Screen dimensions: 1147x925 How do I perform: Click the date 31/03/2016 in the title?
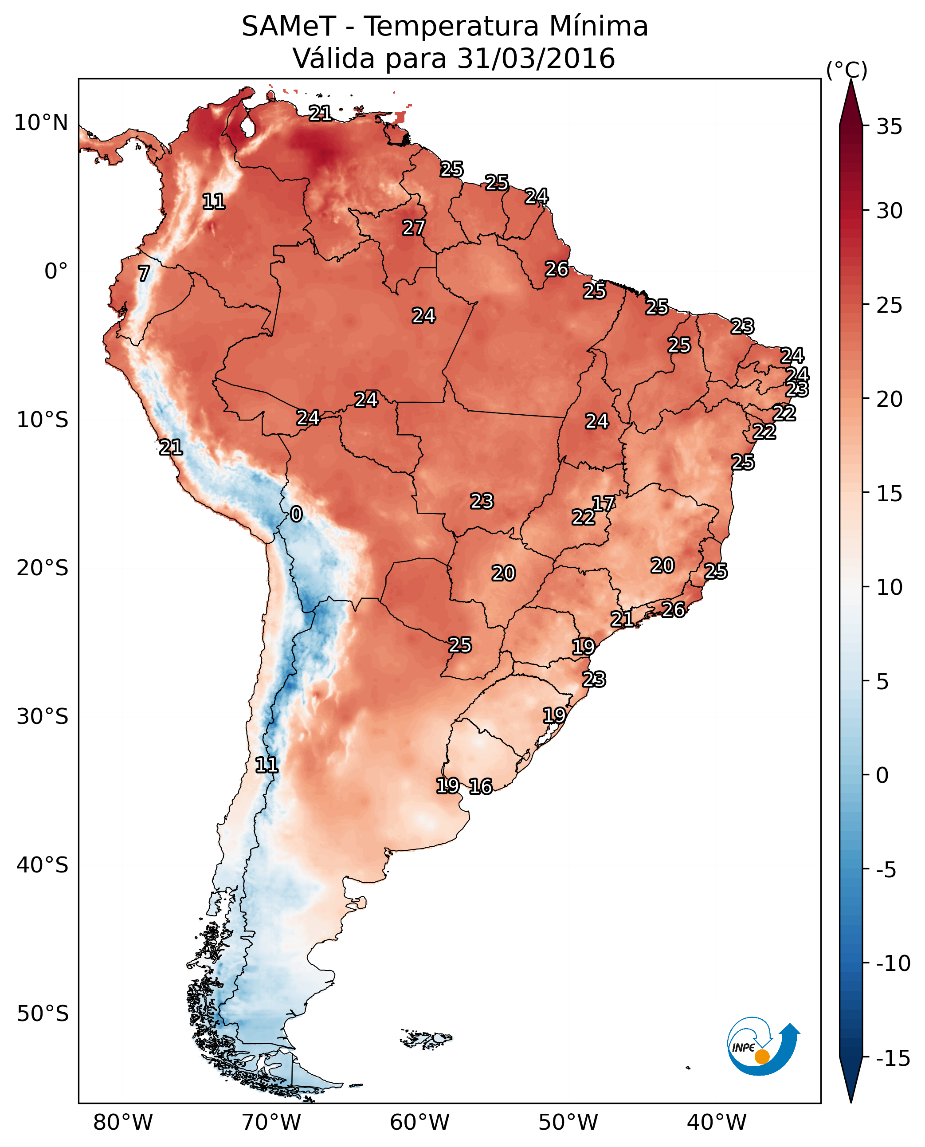536,59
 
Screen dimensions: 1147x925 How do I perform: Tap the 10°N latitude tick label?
41,123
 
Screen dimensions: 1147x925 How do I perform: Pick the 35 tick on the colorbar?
889,127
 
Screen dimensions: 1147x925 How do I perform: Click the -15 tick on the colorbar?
893,1059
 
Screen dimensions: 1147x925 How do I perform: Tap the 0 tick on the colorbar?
882,775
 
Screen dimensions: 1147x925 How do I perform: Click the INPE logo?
763,1046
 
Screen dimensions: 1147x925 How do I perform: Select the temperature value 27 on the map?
413,228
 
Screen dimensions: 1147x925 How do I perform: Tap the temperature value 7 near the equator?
144,273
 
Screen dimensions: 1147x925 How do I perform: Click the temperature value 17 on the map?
604,504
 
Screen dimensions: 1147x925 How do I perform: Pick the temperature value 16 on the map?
481,787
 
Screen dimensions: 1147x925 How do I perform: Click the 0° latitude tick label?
56,271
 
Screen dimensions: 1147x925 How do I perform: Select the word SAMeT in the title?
289,27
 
